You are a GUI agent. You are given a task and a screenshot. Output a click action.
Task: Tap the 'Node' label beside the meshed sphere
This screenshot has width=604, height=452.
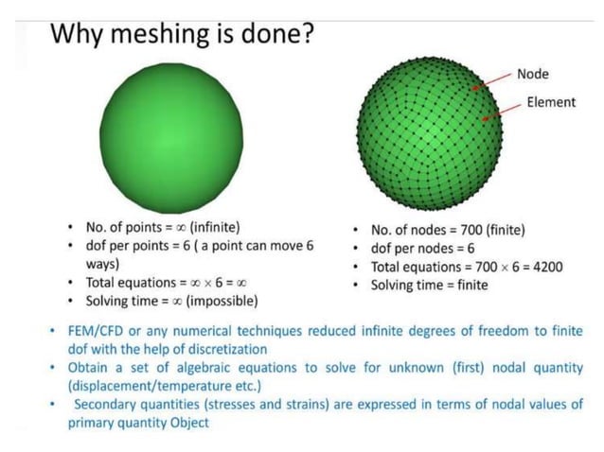coord(533,74)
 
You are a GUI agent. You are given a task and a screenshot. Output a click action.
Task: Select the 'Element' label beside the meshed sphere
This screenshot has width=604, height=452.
coord(550,102)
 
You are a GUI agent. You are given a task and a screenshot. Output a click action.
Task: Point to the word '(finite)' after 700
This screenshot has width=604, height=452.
coord(506,230)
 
